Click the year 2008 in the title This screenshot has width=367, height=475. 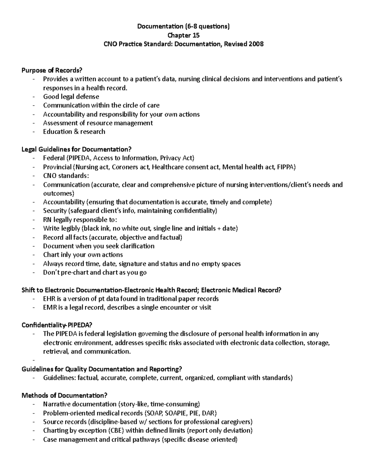click(x=256, y=44)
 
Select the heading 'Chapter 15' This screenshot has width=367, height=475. click(x=183, y=35)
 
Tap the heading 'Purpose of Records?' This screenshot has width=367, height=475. click(x=52, y=70)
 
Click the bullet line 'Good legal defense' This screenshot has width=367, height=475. click(x=71, y=97)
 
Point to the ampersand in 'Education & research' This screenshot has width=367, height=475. click(x=76, y=132)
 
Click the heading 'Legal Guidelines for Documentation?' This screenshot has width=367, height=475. click(x=76, y=149)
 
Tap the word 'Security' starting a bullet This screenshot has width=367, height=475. click(x=55, y=211)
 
